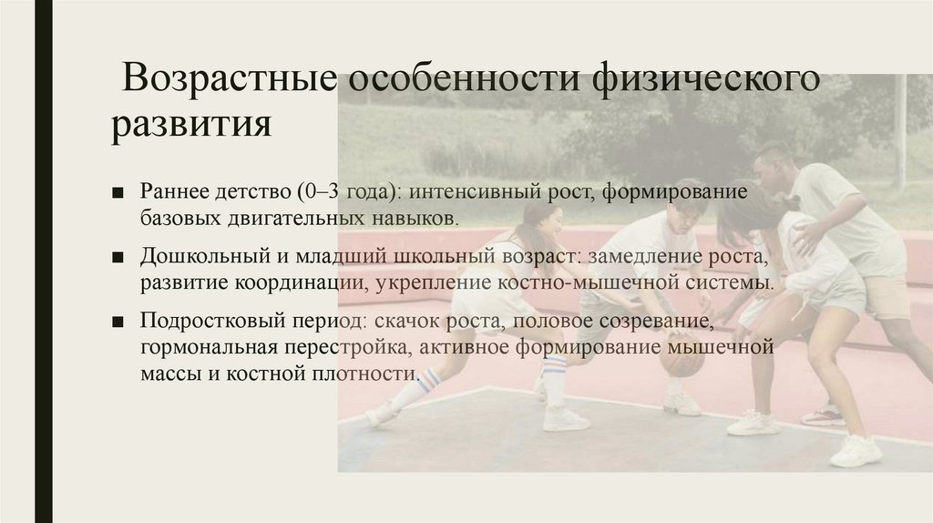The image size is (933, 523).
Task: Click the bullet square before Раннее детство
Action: [118, 195]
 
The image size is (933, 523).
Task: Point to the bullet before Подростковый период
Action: [118, 323]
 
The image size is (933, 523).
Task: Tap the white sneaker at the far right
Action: [856, 449]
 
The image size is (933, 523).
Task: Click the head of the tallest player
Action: [774, 164]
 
